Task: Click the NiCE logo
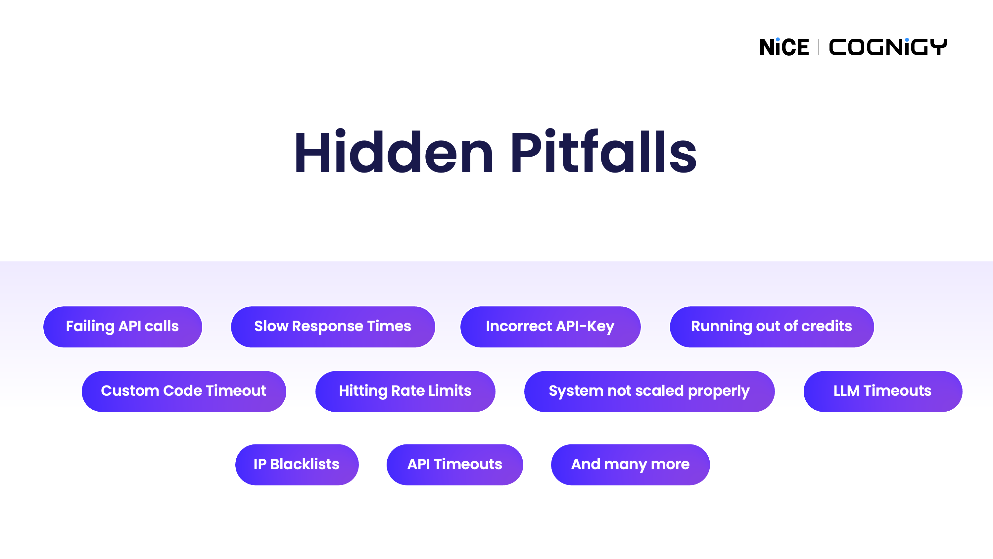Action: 784,47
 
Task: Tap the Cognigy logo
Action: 888,47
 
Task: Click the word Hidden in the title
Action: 394,152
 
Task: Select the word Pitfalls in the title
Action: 603,152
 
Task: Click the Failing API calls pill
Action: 122,327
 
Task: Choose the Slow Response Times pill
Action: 333,327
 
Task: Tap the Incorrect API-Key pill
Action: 550,327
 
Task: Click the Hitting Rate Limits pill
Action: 405,391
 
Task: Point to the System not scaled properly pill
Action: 649,391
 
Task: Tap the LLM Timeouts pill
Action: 882,391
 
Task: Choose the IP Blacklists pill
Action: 297,465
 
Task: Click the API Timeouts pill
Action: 454,465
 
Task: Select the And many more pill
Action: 630,465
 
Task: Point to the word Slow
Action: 271,327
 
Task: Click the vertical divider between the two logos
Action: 819,47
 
